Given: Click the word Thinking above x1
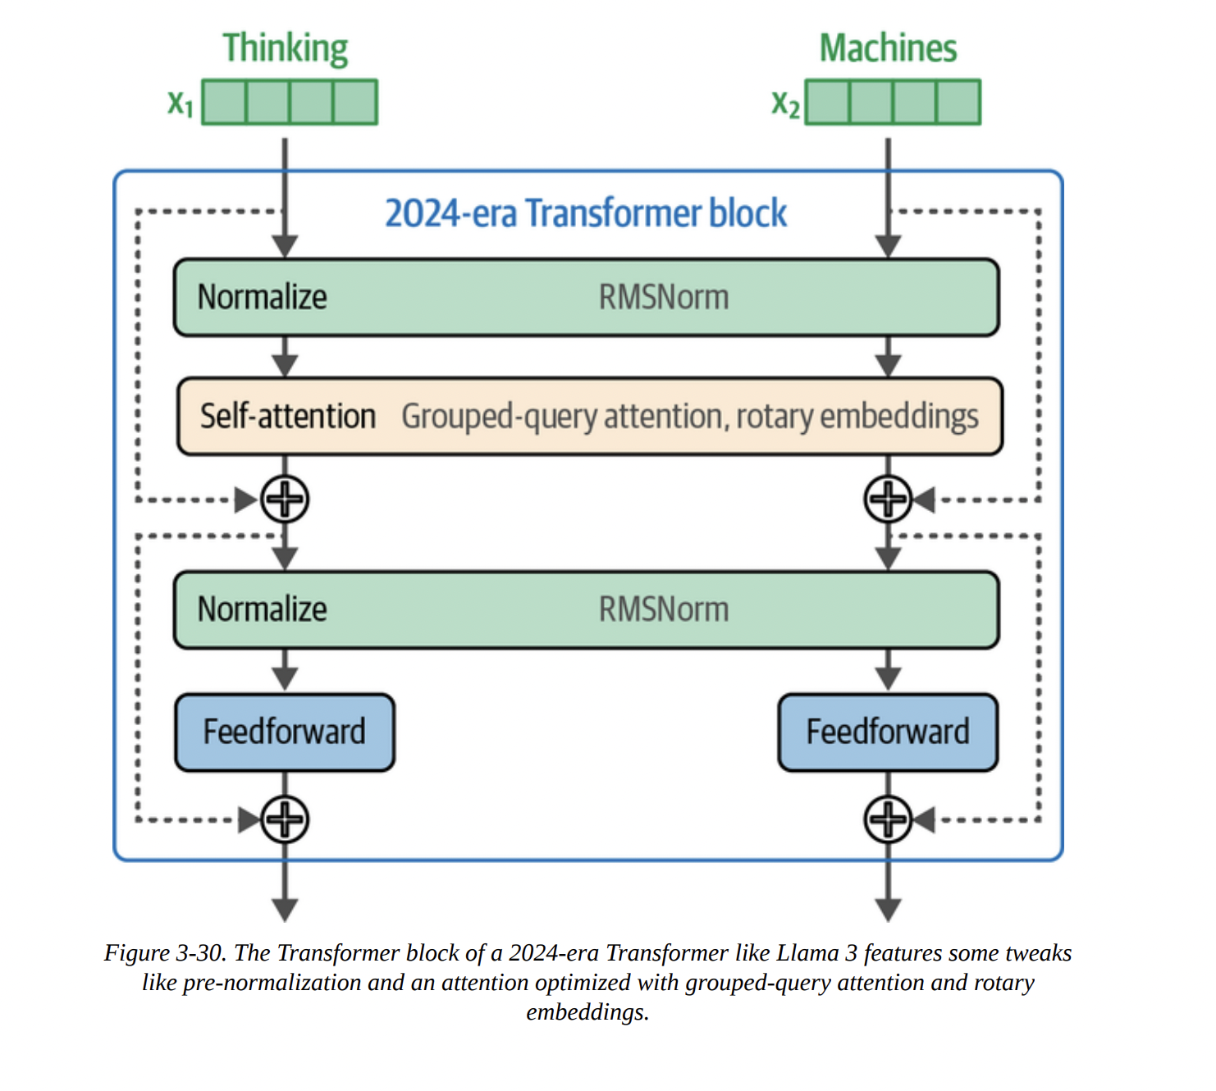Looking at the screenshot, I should tap(285, 49).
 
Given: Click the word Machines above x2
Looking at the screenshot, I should tap(888, 49).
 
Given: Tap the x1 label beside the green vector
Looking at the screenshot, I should tap(181, 103).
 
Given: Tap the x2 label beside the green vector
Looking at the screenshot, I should tap(785, 103).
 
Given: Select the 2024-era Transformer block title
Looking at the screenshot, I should tap(586, 213).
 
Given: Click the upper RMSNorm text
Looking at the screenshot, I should tap(663, 297).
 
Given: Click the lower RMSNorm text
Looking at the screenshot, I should tap(663, 609).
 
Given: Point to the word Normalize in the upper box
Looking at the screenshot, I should tap(262, 297).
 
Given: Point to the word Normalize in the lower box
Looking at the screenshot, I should tap(262, 609).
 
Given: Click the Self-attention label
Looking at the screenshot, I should tap(287, 417).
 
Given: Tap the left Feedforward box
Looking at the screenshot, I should tap(285, 732).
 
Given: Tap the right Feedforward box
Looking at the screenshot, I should tap(888, 732).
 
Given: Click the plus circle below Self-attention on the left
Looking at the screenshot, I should tap(285, 499).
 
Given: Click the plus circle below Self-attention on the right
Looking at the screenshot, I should tap(888, 499).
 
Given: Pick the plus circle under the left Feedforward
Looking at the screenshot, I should tap(285, 819).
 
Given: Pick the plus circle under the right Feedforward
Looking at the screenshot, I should tap(888, 819).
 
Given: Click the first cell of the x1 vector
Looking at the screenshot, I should tap(224, 103).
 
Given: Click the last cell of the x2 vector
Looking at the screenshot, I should tap(958, 103).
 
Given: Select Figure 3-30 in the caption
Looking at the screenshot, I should tap(164, 953).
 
